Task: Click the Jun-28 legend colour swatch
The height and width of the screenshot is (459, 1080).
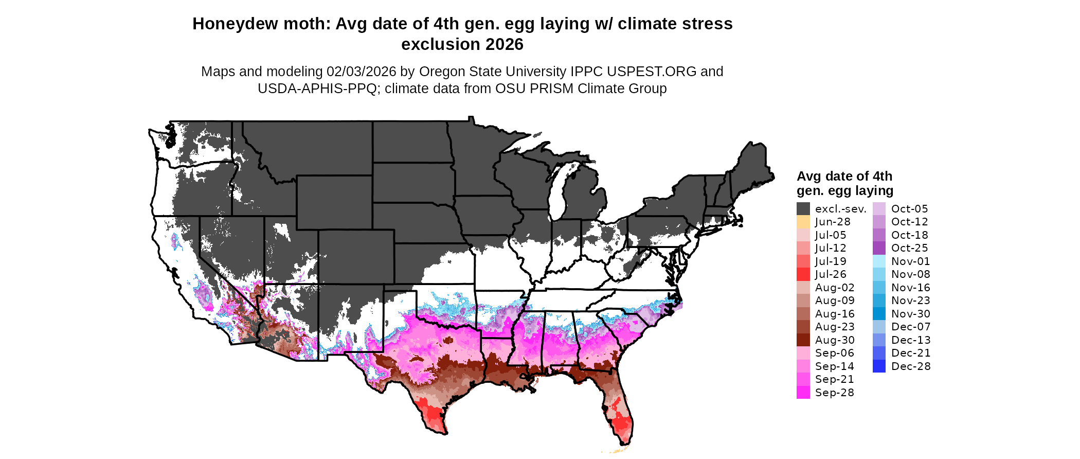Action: tap(803, 222)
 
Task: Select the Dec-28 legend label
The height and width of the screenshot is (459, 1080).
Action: tap(910, 366)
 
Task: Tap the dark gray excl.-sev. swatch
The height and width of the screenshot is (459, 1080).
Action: tap(803, 209)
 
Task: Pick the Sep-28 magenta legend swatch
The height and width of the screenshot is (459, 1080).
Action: tap(803, 393)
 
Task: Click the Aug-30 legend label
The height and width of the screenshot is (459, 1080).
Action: tap(834, 340)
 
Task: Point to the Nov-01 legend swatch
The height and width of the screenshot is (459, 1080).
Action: tap(879, 261)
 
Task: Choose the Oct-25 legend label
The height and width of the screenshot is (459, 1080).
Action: tap(909, 248)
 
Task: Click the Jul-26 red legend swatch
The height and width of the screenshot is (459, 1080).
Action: tap(803, 274)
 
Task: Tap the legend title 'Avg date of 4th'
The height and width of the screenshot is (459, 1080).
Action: tap(844, 176)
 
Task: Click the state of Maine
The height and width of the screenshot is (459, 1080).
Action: tap(753, 165)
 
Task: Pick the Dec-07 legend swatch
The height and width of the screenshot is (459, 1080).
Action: tap(879, 327)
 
